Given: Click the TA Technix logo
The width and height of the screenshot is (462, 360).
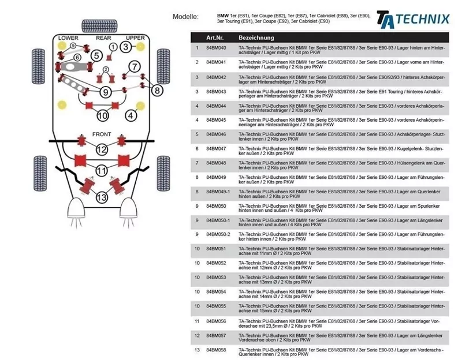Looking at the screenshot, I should (x=412, y=18).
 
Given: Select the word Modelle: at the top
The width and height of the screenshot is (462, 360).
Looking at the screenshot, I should (x=185, y=17).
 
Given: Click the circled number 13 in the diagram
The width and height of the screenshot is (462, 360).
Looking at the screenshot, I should (x=102, y=197).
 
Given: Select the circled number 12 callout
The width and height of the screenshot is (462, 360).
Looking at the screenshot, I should (x=102, y=150).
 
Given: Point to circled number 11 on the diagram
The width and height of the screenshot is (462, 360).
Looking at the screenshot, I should (x=102, y=171).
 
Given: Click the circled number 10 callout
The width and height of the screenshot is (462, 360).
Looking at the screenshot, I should (x=102, y=115).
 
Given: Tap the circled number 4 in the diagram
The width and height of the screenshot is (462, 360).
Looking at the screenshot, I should (x=132, y=115).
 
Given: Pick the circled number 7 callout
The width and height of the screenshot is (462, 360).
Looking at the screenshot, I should (x=133, y=66).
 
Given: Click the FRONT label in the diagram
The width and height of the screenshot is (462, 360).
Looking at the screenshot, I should (x=102, y=134).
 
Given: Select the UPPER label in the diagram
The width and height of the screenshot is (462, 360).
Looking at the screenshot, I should (x=135, y=38).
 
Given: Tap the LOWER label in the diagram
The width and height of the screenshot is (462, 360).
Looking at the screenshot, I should (x=68, y=38).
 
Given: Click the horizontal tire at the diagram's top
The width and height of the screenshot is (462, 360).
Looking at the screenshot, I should (x=101, y=25).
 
